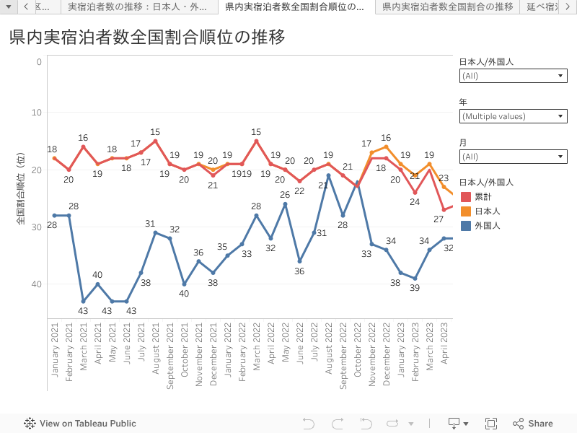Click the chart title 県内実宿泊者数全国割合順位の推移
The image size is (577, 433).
tap(147, 38)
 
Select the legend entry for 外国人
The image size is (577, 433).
tap(487, 226)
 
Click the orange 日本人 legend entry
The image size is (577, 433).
tap(487, 211)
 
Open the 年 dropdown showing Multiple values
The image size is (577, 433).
tap(513, 116)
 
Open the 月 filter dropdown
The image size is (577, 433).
tap(513, 157)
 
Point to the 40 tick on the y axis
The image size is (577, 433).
tap(37, 284)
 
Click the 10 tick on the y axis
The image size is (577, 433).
tap(37, 112)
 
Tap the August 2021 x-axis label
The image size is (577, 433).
tap(155, 357)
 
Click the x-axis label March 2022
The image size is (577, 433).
tap(256, 358)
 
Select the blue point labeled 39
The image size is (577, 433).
tap(415, 279)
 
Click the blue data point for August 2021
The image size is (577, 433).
tap(155, 232)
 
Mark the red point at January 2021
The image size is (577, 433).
tap(54, 158)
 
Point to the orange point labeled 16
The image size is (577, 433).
tap(386, 146)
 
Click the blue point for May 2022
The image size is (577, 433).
tap(285, 204)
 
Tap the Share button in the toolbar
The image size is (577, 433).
tap(533, 424)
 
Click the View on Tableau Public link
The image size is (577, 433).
tap(80, 424)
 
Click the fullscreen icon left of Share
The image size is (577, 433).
tap(491, 424)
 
